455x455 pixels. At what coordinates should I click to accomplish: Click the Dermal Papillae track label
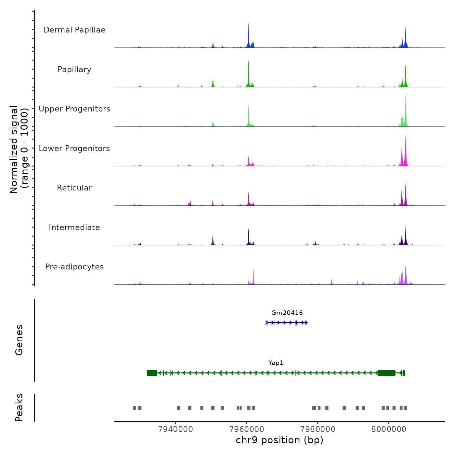click(74, 30)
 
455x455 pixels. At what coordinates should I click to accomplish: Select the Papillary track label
click(74, 70)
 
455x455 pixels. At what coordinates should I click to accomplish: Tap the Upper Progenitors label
click(74, 109)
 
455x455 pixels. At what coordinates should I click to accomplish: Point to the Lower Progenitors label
click(74, 149)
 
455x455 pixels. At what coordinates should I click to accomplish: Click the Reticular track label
click(74, 188)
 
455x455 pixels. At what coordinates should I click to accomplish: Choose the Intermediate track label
click(74, 227)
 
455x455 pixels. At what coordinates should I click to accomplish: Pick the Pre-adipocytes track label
click(74, 267)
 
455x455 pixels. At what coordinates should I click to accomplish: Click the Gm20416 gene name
click(287, 313)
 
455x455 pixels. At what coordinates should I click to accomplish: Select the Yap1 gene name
click(276, 363)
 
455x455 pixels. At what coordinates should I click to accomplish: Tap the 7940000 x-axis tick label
click(175, 429)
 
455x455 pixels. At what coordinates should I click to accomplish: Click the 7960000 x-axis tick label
click(247, 429)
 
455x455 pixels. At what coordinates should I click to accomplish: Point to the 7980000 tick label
click(318, 429)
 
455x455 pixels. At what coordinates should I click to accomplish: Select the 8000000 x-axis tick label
click(389, 429)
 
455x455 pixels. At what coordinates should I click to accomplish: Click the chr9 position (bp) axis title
click(279, 440)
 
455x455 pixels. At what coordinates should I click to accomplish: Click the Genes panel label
click(19, 340)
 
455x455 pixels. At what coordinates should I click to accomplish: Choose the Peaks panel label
click(19, 408)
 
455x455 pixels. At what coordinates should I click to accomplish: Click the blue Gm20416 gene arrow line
click(286, 323)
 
